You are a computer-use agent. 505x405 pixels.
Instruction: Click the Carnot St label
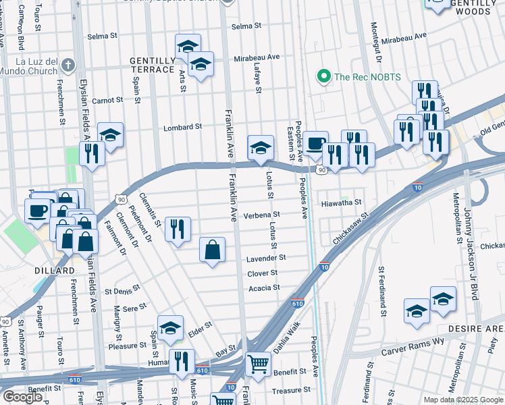point(107,100)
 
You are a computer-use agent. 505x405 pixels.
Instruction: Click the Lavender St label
point(266,258)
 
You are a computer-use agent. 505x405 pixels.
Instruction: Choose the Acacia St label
point(264,288)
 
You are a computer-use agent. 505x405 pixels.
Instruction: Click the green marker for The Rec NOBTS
point(323,76)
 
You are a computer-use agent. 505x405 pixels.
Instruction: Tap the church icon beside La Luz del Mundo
point(67,65)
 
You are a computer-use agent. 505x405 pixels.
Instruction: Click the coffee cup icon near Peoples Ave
point(315,142)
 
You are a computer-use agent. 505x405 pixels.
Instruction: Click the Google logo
point(22,397)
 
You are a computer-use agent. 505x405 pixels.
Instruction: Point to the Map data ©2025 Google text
point(462,400)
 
